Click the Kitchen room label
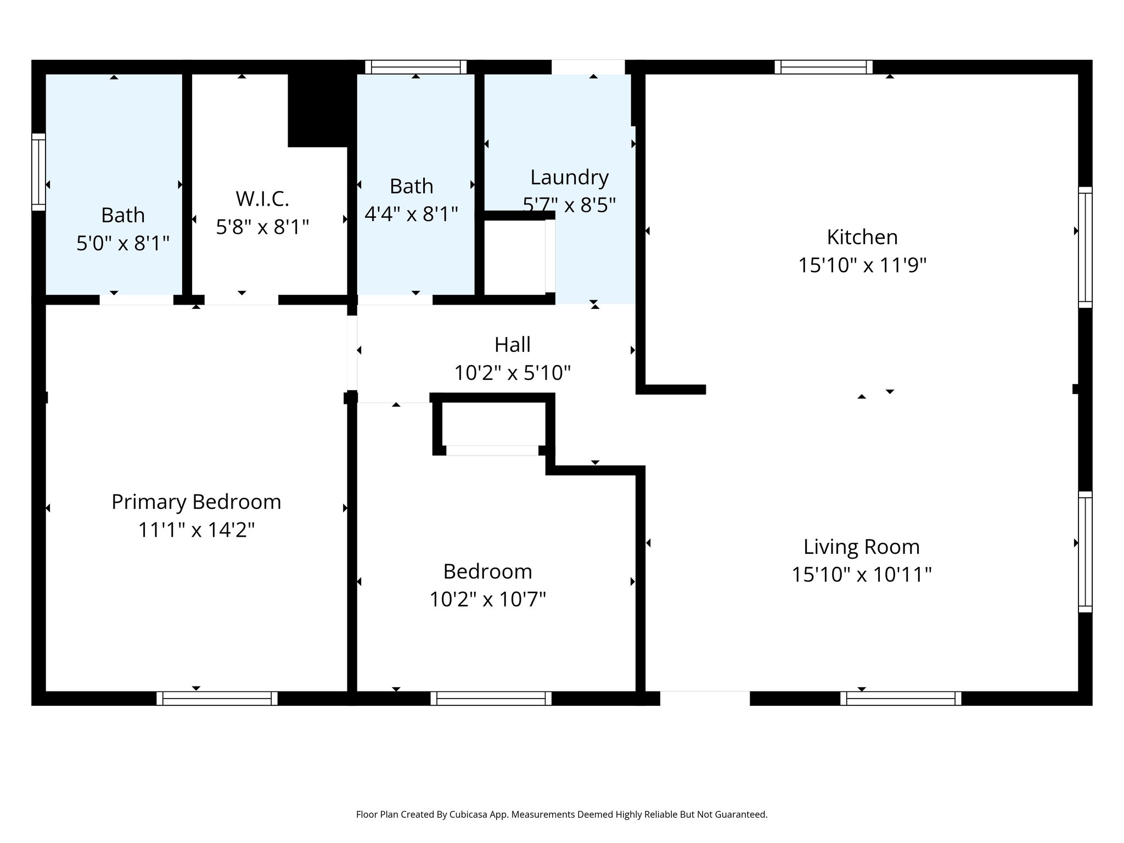pyautogui.click(x=862, y=237)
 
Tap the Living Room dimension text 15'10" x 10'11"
pyautogui.click(x=861, y=575)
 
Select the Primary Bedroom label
pyautogui.click(x=196, y=502)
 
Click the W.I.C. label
pyautogui.click(x=262, y=199)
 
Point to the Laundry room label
pyautogui.click(x=569, y=177)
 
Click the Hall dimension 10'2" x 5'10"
pyautogui.click(x=512, y=373)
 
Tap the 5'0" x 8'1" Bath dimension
pyautogui.click(x=122, y=243)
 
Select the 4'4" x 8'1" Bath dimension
pyautogui.click(x=411, y=214)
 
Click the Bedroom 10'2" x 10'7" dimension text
pyautogui.click(x=487, y=599)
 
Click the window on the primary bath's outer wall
pyautogui.click(x=38, y=172)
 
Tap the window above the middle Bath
pyautogui.click(x=415, y=67)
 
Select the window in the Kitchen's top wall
pyautogui.click(x=823, y=67)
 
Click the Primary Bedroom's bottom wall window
pyautogui.click(x=217, y=698)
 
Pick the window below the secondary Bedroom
pyautogui.click(x=491, y=698)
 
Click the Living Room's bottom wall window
pyautogui.click(x=900, y=698)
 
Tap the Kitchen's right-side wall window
pyautogui.click(x=1084, y=247)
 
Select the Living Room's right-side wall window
pyautogui.click(x=1084, y=552)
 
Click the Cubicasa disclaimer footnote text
pyautogui.click(x=561, y=814)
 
